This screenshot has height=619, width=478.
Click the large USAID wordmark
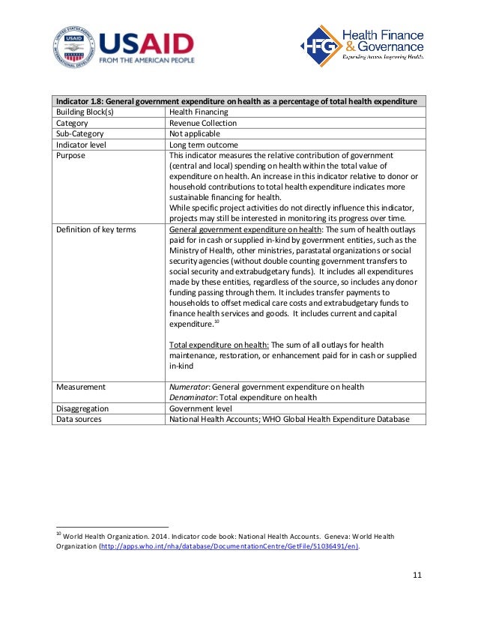pos(146,42)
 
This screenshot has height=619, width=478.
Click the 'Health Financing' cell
pos(199,112)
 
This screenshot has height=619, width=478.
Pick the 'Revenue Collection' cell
pos(203,123)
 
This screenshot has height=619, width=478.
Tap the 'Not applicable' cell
pos(194,133)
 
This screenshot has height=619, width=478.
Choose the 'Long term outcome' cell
pos(204,145)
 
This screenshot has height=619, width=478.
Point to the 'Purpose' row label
pos(71,155)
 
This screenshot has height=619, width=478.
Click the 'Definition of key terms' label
pos(96,229)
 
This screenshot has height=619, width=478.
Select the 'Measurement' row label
pos(81,387)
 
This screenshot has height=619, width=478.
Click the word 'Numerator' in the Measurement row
pos(189,387)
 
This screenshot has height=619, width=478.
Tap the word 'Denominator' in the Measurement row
pos(194,397)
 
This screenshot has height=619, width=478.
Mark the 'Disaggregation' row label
pos(82,408)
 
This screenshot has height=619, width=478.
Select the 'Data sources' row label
pos(79,419)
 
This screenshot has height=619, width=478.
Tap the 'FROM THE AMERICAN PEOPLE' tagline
pos(146,60)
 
